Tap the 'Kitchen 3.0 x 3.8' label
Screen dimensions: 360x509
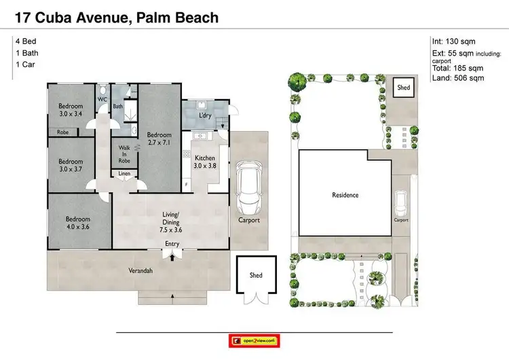pyautogui.click(x=204, y=160)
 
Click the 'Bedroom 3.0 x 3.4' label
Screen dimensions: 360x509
pyautogui.click(x=70, y=109)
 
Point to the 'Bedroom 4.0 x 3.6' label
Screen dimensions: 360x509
pyautogui.click(x=78, y=223)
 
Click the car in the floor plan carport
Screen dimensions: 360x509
pyautogui.click(x=248, y=187)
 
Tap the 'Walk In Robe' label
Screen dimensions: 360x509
pyautogui.click(x=124, y=154)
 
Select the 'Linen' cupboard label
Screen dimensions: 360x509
pyautogui.click(x=124, y=175)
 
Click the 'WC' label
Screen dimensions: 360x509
pyautogui.click(x=102, y=100)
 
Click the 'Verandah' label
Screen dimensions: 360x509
pyautogui.click(x=141, y=270)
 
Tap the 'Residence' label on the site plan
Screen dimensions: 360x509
pyautogui.click(x=345, y=195)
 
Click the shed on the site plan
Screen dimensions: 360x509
pyautogui.click(x=404, y=88)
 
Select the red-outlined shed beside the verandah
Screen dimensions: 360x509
pyautogui.click(x=256, y=275)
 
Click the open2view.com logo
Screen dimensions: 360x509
pyautogui.click(x=254, y=340)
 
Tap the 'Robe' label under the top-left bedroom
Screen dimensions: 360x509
pyautogui.click(x=62, y=132)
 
